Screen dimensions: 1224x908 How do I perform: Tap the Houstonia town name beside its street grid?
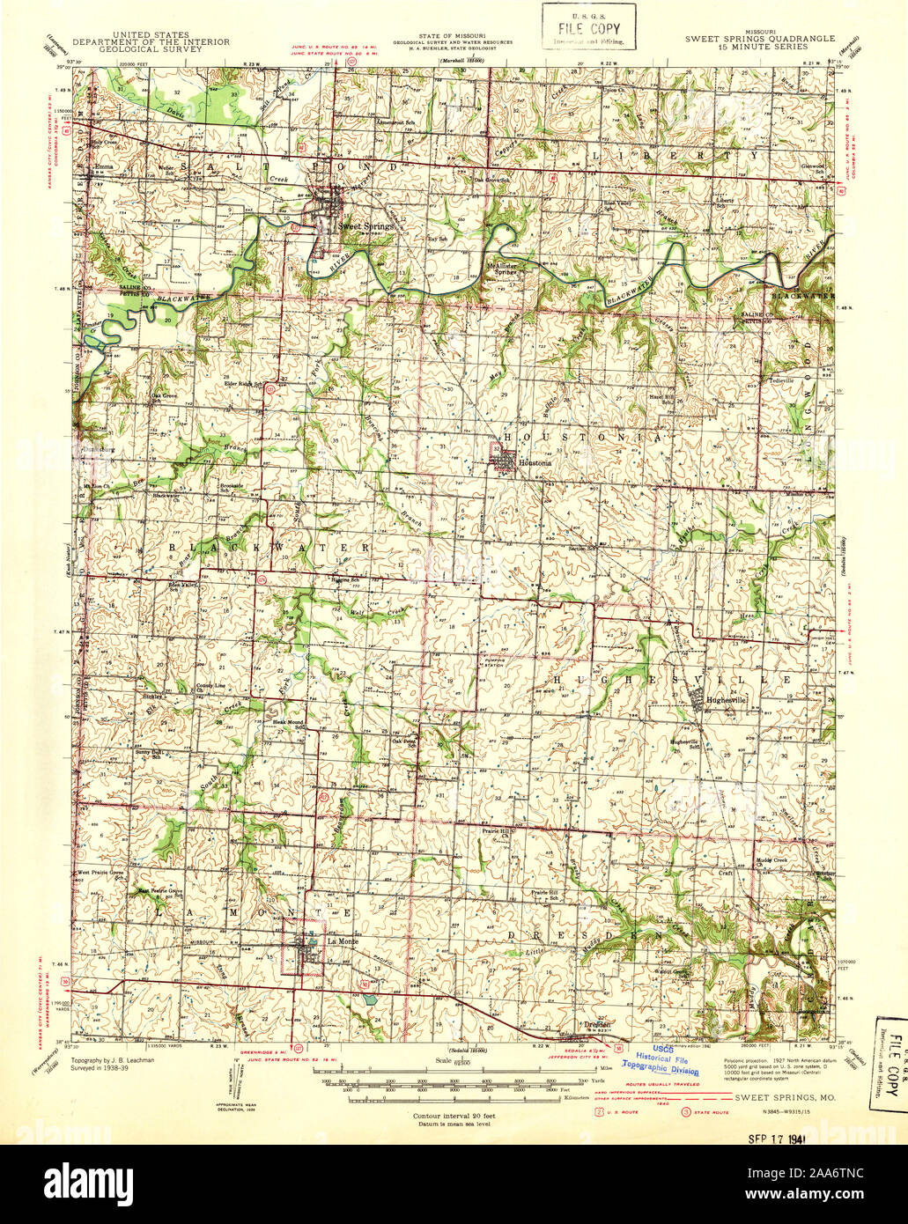coord(535,462)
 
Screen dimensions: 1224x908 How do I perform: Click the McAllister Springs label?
coord(509,269)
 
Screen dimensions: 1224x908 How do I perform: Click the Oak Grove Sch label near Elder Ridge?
coord(166,397)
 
